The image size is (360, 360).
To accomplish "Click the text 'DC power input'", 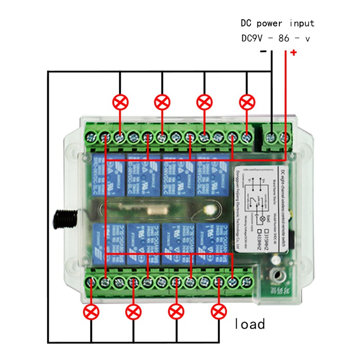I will [x=277, y=23].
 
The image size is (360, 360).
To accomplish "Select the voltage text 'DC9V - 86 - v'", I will [x=275, y=39].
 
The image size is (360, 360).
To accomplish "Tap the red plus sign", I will [x=293, y=53].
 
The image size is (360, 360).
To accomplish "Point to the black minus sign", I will [x=263, y=51].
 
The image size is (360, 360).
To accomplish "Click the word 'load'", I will [x=250, y=324].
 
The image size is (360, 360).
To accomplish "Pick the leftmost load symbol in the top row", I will [x=120, y=102].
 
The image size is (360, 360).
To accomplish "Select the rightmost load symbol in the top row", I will [x=247, y=102].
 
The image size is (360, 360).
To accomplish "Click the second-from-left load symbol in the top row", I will [x=162, y=102].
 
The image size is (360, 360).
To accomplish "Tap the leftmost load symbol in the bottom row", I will [x=91, y=311].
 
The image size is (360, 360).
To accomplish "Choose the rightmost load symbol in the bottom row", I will [x=219, y=311].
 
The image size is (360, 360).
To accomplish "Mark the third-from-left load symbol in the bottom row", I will [x=176, y=311].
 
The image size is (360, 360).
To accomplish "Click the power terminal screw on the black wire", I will [x=271, y=136].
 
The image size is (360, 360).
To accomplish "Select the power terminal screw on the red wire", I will [x=285, y=136].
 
